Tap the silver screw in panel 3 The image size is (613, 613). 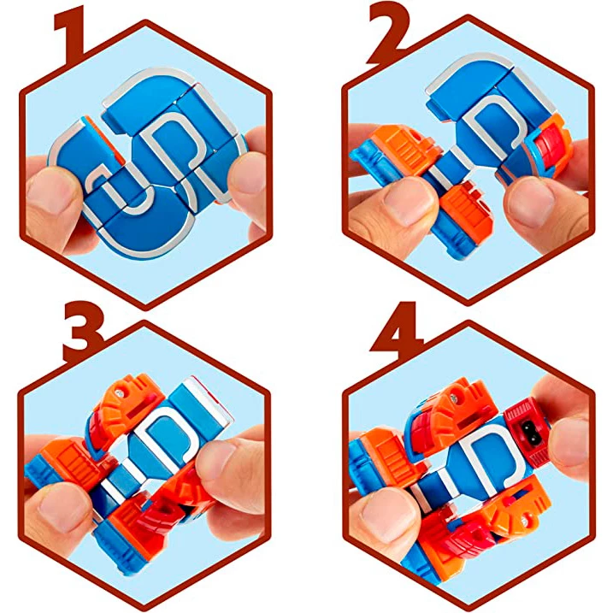[119, 393]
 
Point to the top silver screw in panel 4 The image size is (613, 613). [453, 398]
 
